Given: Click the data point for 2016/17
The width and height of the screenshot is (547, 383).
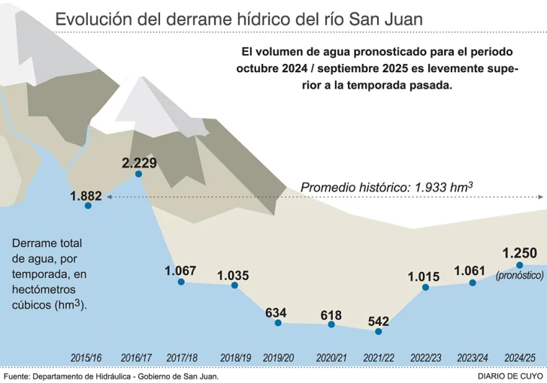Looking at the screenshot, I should (x=139, y=174).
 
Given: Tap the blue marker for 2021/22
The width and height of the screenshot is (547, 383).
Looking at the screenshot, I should (x=379, y=331).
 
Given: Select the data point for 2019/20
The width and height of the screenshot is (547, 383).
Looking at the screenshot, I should (x=278, y=323).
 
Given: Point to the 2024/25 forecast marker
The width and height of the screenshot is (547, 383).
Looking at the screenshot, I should (x=520, y=264).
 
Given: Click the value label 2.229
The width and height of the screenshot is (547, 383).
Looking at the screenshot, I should (x=139, y=162).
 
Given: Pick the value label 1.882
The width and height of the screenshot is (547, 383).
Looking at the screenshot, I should (x=86, y=196).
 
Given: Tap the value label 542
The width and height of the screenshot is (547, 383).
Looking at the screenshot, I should (x=379, y=320).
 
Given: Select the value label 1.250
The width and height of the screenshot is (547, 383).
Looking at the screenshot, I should (x=520, y=252).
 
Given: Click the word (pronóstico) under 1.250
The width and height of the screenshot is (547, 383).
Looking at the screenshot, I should (x=520, y=276).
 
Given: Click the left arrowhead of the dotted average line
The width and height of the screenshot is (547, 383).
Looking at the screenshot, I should (x=110, y=197).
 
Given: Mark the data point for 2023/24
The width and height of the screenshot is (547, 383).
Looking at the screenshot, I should (x=473, y=282).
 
